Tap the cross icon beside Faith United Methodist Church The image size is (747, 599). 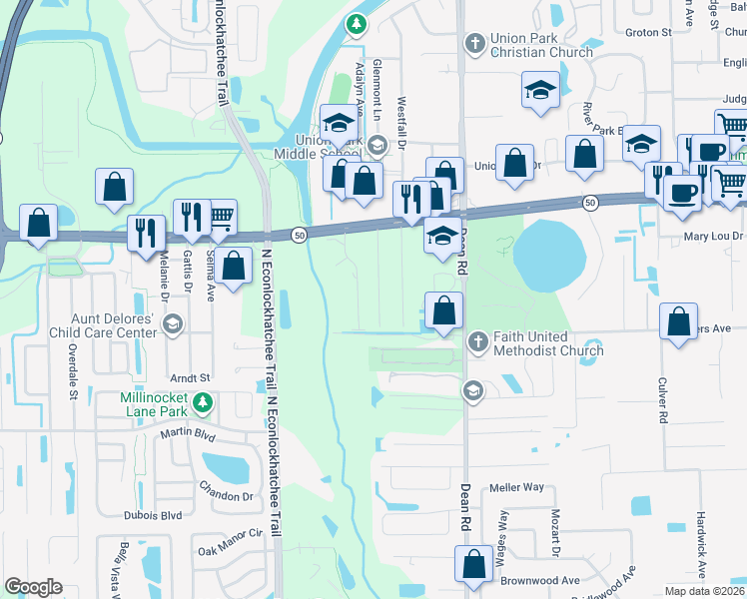[477, 342]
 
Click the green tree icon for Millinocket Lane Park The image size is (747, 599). [203, 402]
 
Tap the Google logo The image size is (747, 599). [34, 587]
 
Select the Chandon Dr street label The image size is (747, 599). [227, 496]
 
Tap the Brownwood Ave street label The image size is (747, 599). [540, 580]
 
